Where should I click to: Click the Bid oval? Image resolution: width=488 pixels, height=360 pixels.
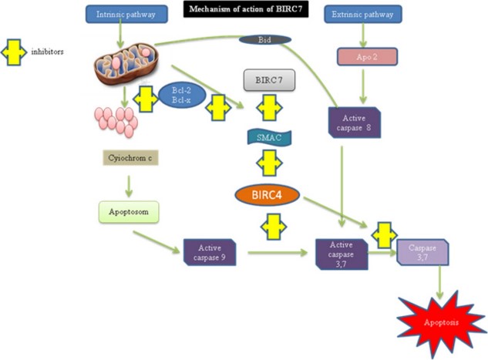click(264, 39)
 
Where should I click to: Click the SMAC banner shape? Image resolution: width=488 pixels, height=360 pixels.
click(265, 137)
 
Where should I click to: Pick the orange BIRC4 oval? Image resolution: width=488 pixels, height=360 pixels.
click(265, 194)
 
